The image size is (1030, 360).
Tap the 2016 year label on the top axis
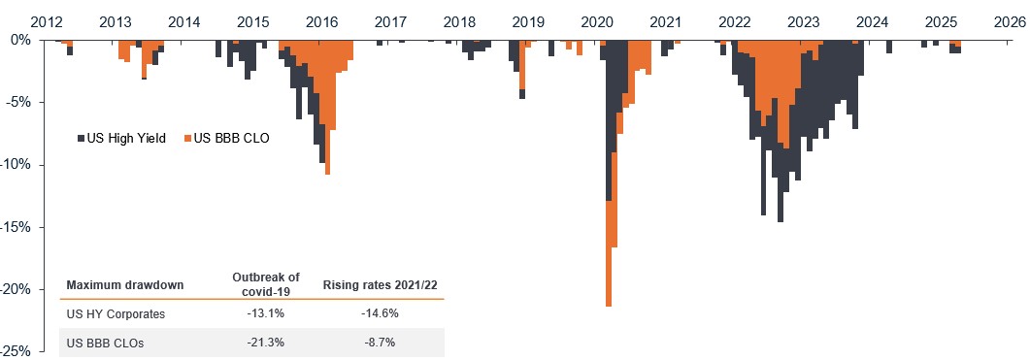point(322,21)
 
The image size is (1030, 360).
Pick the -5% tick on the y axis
point(20,102)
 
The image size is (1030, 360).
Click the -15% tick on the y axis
point(17,227)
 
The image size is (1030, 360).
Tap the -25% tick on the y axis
point(17,351)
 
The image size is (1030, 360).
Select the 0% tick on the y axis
point(23,40)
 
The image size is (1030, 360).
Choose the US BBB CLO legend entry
point(231,139)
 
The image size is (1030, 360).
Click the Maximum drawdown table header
point(124,285)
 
